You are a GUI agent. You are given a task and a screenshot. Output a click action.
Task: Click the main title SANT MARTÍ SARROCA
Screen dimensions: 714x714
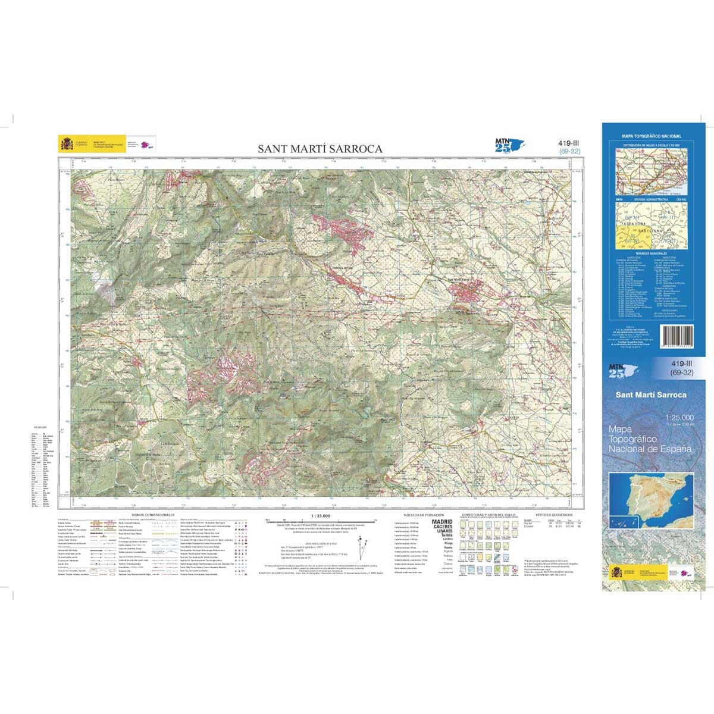[x=320, y=149]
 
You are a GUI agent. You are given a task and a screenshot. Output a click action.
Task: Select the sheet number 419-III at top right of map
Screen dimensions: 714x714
[x=569, y=143]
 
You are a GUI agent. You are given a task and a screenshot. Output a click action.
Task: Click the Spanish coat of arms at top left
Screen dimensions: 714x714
[x=65, y=144]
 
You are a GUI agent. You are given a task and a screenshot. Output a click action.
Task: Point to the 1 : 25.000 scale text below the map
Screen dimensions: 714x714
[x=320, y=515]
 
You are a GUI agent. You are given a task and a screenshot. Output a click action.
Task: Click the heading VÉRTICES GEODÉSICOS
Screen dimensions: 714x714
[x=553, y=514]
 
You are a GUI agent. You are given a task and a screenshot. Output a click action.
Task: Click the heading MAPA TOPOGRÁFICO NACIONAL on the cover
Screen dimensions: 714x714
[x=652, y=136]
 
